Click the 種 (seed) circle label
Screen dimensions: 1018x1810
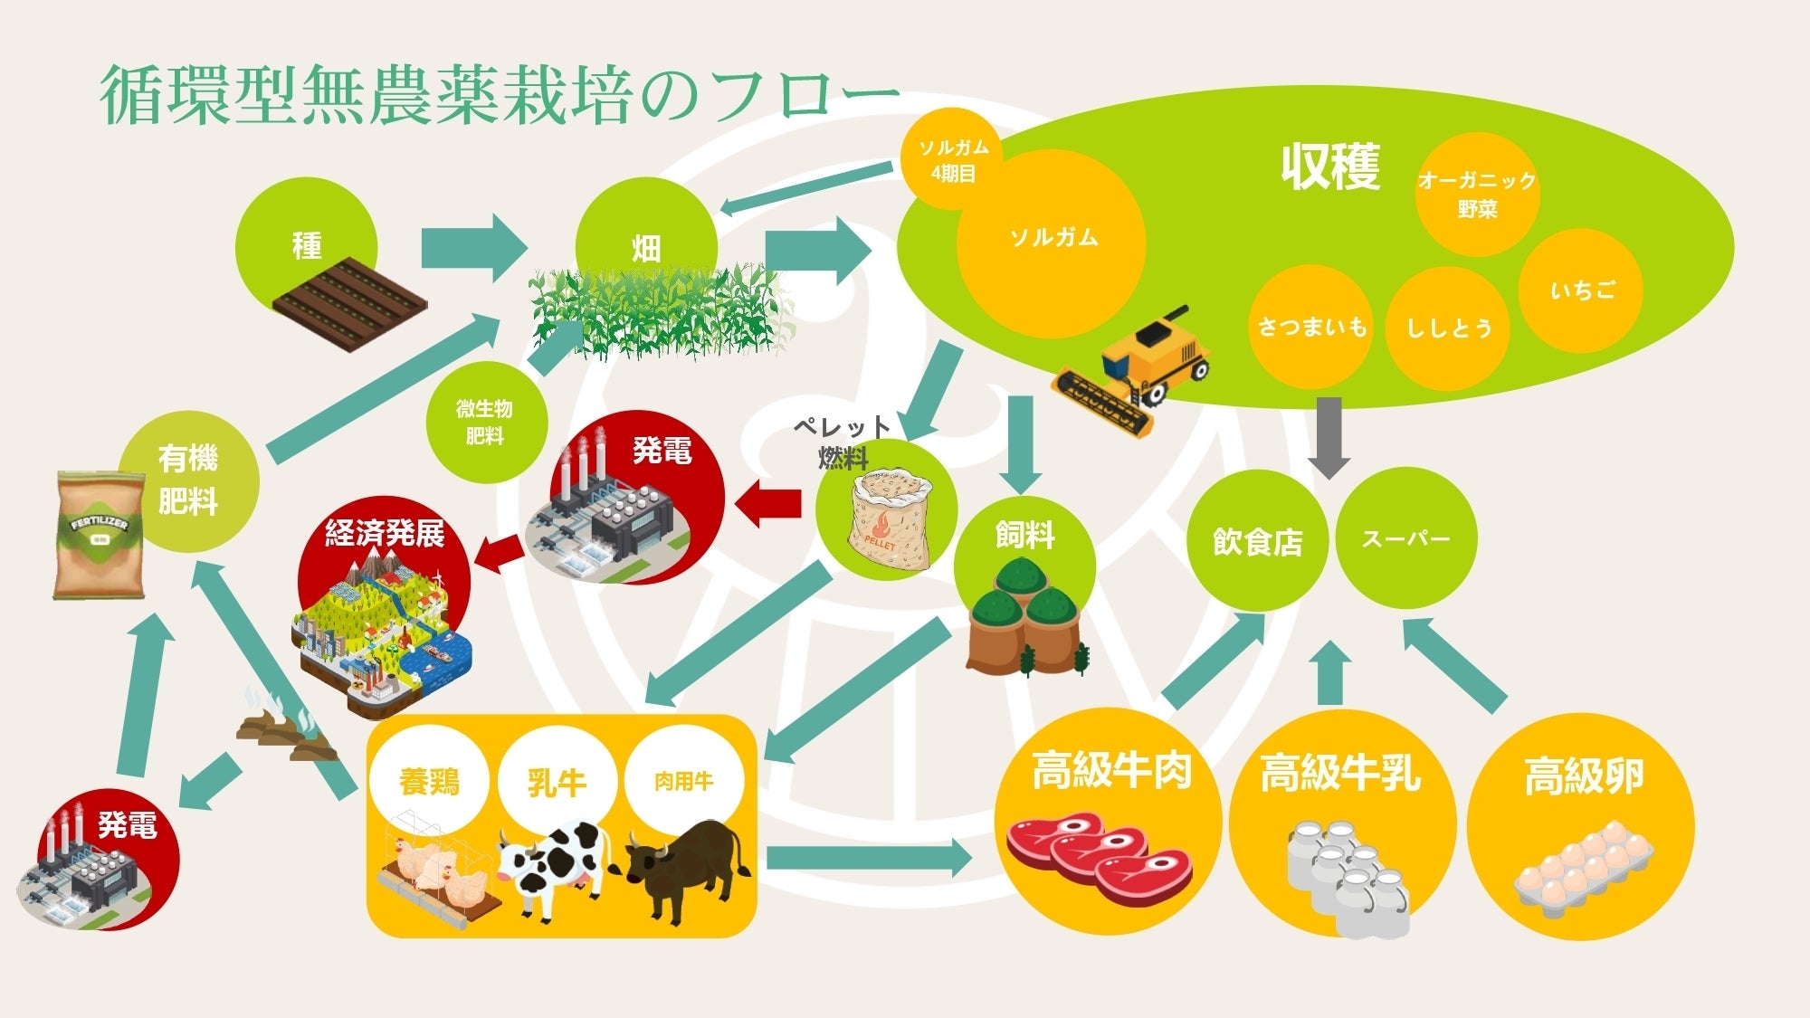coord(306,245)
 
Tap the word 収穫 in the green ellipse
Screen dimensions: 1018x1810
coord(1329,167)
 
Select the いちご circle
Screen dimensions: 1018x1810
coord(1582,290)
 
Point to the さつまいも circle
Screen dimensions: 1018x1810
coord(1311,327)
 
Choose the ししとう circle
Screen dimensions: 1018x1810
coord(1448,328)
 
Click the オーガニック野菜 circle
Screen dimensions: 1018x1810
coord(1477,194)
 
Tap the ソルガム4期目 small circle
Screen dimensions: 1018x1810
coord(953,159)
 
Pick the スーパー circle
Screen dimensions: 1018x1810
coord(1405,538)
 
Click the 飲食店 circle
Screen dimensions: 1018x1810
coord(1257,541)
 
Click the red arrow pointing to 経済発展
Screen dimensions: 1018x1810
coord(498,553)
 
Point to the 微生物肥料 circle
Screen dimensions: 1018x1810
coord(484,422)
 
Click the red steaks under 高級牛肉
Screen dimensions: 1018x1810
coord(1100,855)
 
